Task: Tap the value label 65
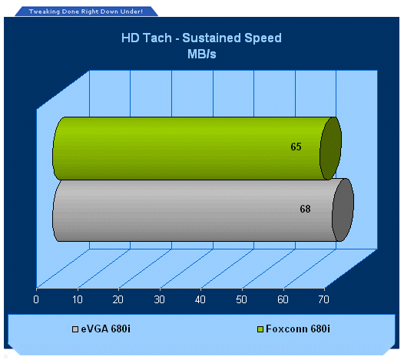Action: [296, 147]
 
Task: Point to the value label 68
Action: [305, 209]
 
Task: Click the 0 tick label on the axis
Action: [36, 299]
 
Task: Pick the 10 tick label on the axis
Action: [77, 299]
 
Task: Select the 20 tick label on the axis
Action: [118, 299]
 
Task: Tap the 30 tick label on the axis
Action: [159, 299]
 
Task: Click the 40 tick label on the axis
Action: [200, 299]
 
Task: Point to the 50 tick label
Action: [241, 299]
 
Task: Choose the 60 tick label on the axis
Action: [283, 299]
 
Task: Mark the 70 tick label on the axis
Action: [323, 299]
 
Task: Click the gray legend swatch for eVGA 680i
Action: [75, 329]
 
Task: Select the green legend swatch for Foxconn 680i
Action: [260, 329]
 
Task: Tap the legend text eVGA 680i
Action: [106, 329]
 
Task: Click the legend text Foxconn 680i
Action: [298, 329]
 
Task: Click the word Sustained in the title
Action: [211, 38]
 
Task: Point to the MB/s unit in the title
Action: [202, 54]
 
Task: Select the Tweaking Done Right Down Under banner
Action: [86, 12]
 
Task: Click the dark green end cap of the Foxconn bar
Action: [331, 148]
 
